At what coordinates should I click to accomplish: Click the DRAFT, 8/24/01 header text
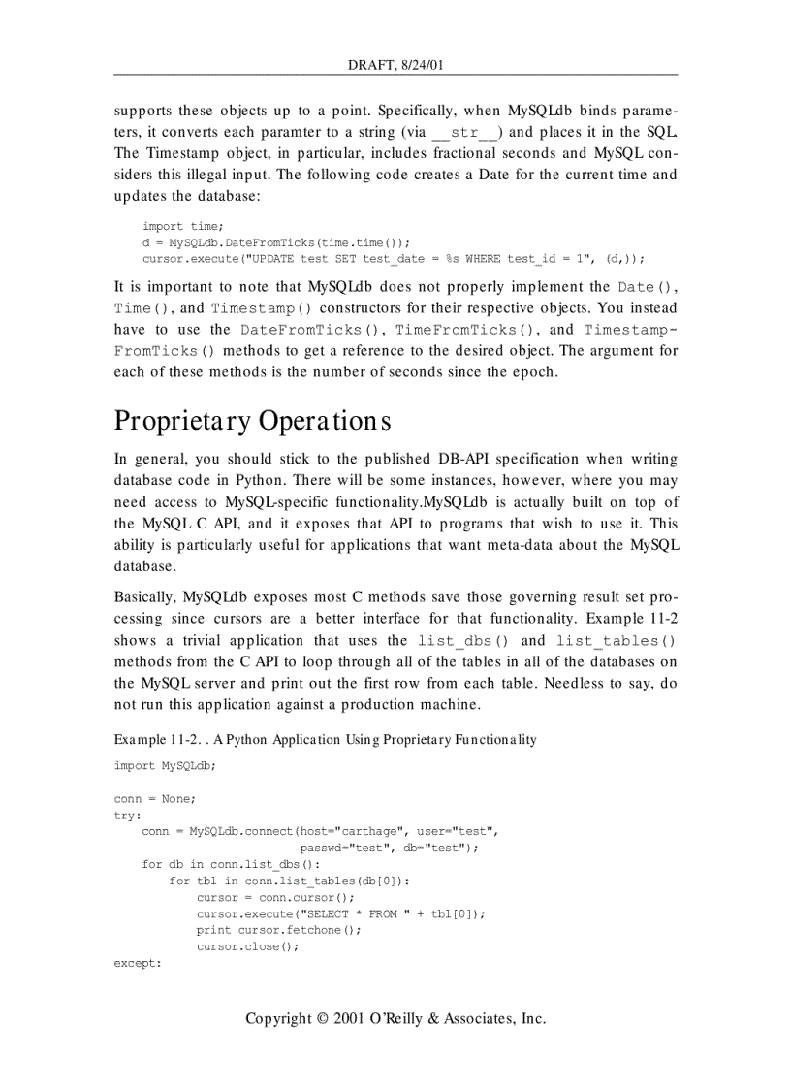coord(395,65)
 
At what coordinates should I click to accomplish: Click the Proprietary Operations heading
coord(252,421)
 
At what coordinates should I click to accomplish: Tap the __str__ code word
coord(465,132)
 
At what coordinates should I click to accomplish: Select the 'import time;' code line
coord(182,226)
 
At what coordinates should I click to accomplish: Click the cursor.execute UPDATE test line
coord(393,259)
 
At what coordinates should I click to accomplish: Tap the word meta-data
coord(528,544)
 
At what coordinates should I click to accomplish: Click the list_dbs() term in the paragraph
coord(462,641)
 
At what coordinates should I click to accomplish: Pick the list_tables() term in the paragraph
coord(615,641)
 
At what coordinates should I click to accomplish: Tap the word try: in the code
coord(127,815)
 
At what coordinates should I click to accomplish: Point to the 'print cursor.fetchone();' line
coord(278,930)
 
